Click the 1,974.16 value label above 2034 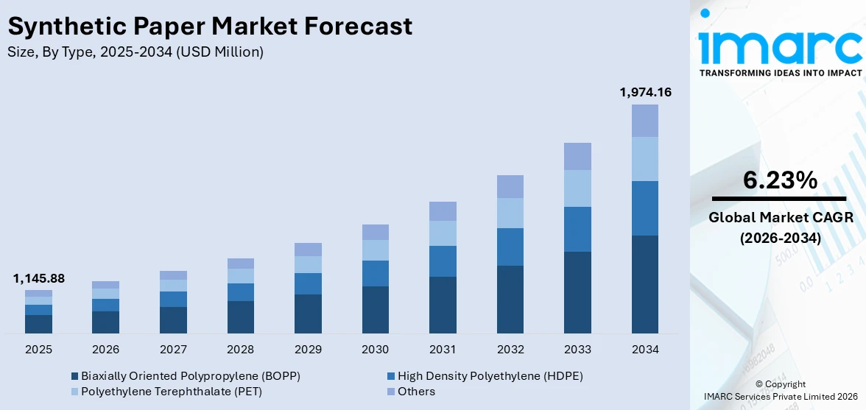point(645,92)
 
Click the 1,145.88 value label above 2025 point(38,278)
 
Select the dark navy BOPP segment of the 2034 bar point(645,284)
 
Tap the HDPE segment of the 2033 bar point(577,229)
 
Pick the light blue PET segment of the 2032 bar point(510,213)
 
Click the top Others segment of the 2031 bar point(443,211)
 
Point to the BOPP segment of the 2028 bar point(241,317)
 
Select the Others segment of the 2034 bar point(645,121)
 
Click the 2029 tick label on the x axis point(308,349)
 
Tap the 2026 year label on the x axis point(106,349)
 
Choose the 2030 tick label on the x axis point(376,349)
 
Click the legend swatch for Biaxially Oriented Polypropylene point(75,376)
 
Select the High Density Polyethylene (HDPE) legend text point(490,376)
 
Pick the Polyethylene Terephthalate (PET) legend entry point(172,392)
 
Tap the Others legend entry point(416,392)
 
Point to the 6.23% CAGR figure point(780,180)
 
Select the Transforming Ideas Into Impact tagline point(780,73)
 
